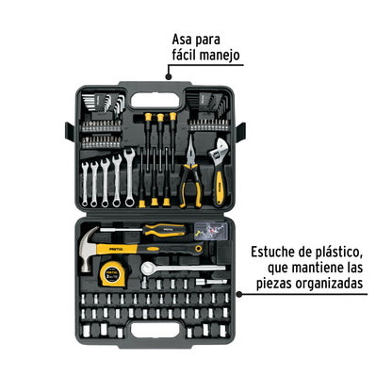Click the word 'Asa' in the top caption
coord(185,41)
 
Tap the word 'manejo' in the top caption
coord(219,56)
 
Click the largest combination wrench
coord(124,175)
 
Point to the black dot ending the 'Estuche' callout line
coord(244,292)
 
